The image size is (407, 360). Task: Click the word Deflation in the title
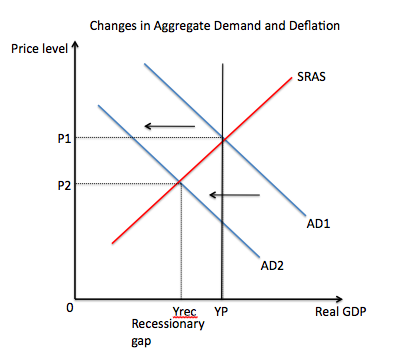pyautogui.click(x=314, y=26)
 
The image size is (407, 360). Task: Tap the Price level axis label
pyautogui.click(x=39, y=49)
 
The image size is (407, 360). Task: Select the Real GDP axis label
pyautogui.click(x=341, y=312)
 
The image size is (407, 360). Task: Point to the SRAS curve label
pyautogui.click(x=311, y=77)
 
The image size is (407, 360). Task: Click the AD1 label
pyautogui.click(x=318, y=223)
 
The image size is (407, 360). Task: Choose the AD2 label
pyautogui.click(x=272, y=266)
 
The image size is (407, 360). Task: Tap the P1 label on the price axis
pyautogui.click(x=64, y=138)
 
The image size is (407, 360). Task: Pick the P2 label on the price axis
pyautogui.click(x=64, y=185)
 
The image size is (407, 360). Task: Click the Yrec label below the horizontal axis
pyautogui.click(x=184, y=312)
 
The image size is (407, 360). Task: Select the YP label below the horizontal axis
pyautogui.click(x=221, y=312)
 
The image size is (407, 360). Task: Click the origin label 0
pyautogui.click(x=69, y=308)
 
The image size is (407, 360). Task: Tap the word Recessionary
pyautogui.click(x=168, y=324)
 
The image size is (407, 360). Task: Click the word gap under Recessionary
pyautogui.click(x=141, y=341)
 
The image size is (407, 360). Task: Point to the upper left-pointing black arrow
pyautogui.click(x=170, y=126)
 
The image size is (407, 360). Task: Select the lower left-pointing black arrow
pyautogui.click(x=234, y=195)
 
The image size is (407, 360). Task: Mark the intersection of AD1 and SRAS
pyautogui.click(x=223, y=140)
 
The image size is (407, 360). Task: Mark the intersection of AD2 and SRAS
pyautogui.click(x=180, y=181)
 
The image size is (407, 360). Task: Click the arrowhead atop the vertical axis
pyautogui.click(x=75, y=45)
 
